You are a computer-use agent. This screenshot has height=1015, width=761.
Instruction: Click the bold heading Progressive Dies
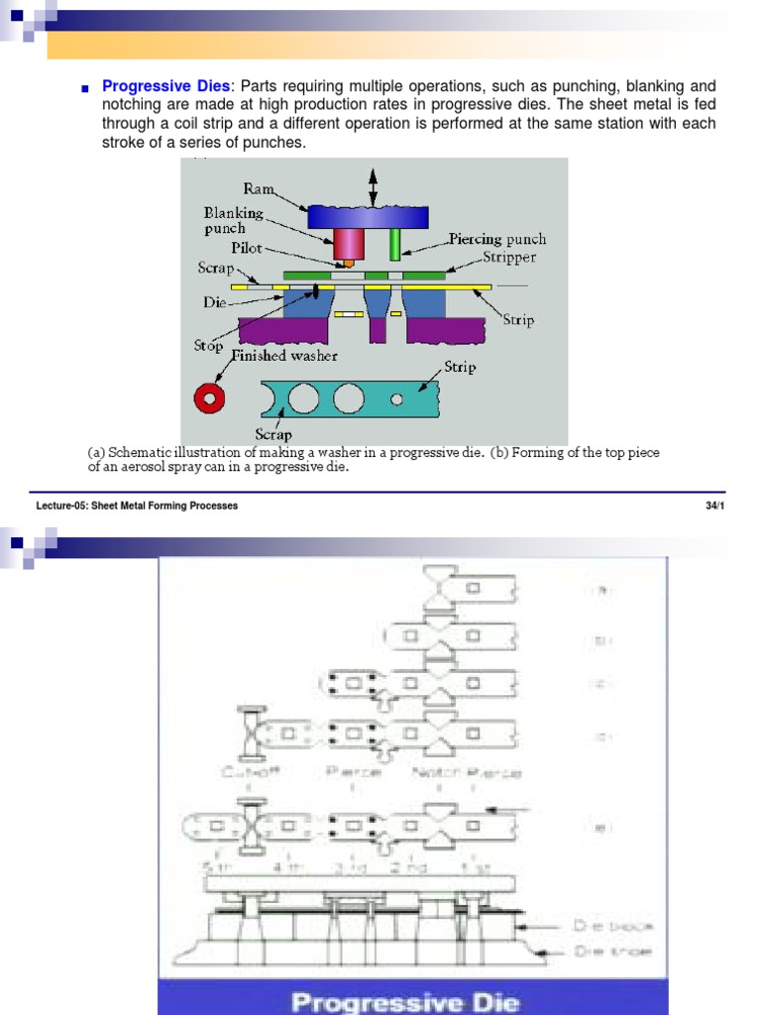[165, 87]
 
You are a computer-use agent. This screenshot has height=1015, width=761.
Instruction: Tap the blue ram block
[367, 216]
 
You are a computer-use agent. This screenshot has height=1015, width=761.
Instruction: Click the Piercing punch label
[496, 239]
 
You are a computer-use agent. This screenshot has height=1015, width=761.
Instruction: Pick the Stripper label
[508, 257]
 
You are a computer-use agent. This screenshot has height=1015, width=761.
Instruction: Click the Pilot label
[246, 249]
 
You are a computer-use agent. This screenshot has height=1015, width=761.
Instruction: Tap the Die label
[215, 301]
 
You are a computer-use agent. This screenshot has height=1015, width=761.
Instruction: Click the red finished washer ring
[209, 397]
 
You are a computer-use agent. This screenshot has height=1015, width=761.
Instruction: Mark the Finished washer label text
[284, 356]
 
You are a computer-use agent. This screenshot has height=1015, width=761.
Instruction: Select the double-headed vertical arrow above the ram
[373, 186]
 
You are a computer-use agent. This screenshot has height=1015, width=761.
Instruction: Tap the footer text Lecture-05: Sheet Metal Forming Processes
[137, 506]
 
